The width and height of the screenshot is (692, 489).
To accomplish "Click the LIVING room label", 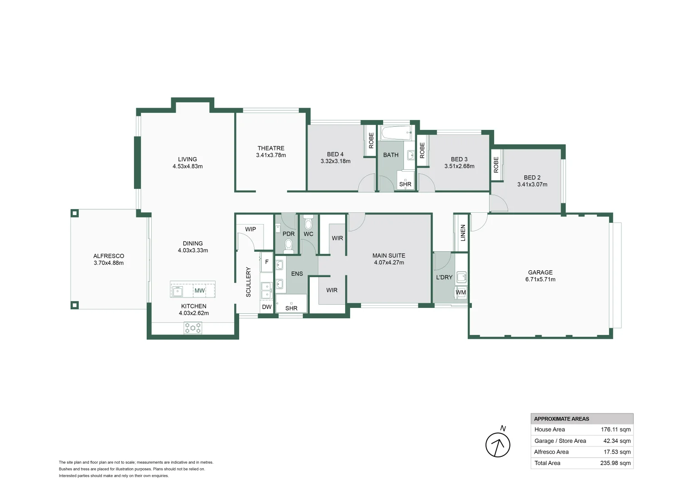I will (x=187, y=159).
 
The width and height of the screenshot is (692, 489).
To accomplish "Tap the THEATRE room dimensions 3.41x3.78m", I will (x=271, y=155).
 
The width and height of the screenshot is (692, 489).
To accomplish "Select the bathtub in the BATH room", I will (x=396, y=134).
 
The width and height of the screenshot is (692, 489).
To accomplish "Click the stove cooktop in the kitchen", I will (x=193, y=328).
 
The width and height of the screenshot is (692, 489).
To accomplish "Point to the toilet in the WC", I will (x=308, y=223).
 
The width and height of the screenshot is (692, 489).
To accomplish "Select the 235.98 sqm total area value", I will (x=615, y=463).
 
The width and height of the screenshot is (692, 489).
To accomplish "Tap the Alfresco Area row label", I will (x=551, y=452).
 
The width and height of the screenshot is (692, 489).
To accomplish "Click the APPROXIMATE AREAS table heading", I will (x=562, y=419).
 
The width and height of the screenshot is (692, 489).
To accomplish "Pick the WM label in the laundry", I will (x=461, y=292).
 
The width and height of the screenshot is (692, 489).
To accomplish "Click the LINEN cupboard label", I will (x=463, y=233).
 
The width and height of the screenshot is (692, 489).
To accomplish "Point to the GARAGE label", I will (x=540, y=273).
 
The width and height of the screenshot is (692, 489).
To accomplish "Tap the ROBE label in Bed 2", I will (x=496, y=165).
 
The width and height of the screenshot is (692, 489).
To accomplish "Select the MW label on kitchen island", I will (x=199, y=291).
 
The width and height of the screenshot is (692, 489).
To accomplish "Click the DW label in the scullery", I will (x=267, y=307).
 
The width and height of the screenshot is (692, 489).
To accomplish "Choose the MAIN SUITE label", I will (x=389, y=256).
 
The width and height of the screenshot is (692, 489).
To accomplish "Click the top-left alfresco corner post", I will (x=75, y=213).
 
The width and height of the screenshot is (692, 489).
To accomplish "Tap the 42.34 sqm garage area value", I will (x=617, y=441).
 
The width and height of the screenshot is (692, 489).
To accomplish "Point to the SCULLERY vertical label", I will (x=248, y=282).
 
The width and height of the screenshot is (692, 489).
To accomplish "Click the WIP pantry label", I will (x=250, y=229).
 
